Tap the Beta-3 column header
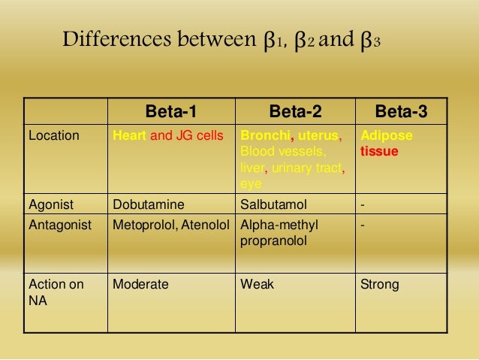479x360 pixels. coord(401,112)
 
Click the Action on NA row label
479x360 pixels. coord(56,292)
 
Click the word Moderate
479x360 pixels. coord(140,285)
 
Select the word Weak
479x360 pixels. coord(256,285)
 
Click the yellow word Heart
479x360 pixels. coord(129,137)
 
